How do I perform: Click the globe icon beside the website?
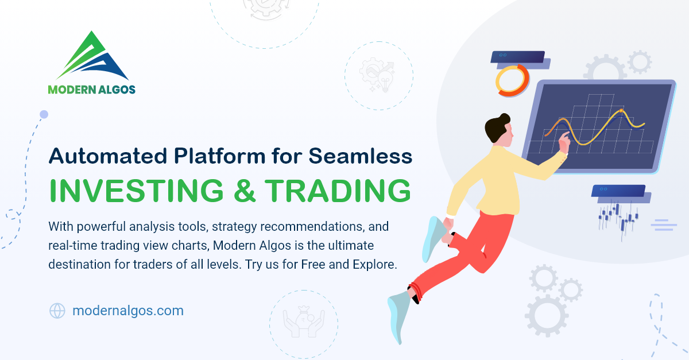57,311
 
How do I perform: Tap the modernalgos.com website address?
128,311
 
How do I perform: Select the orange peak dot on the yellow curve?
621,110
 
